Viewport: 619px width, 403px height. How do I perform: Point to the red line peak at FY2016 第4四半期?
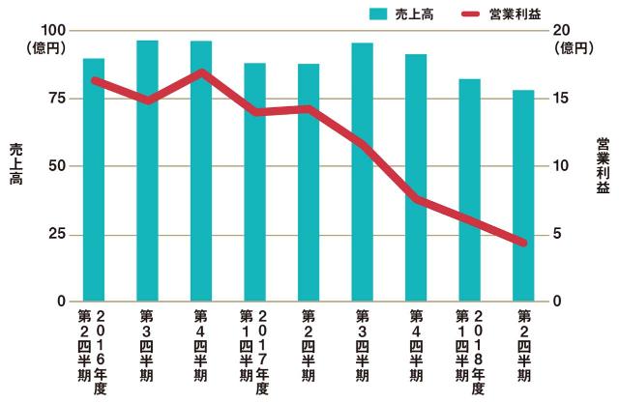point(201,72)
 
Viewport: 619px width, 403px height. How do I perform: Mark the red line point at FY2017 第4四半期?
point(416,199)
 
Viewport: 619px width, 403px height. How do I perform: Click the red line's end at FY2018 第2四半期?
point(523,243)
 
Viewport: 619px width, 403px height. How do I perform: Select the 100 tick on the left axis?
point(53,31)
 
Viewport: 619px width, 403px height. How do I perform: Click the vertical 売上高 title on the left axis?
point(15,164)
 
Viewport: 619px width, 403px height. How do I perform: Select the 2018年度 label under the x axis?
point(478,353)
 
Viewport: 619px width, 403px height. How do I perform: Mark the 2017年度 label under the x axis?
point(262,353)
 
